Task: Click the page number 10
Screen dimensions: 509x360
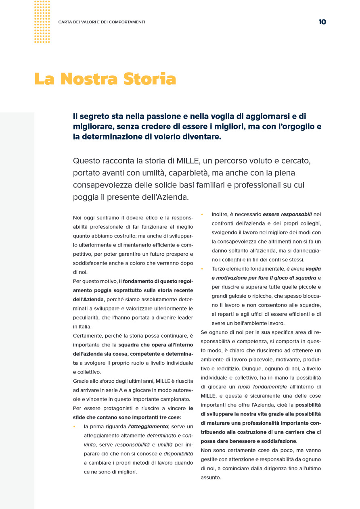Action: coord(322,22)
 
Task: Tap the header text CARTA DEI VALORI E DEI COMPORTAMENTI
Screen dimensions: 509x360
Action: coord(102,22)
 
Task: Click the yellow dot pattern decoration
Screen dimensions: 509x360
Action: coord(42,22)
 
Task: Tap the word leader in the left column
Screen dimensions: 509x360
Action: coord(185,318)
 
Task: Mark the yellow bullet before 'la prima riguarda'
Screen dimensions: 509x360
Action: coord(74,426)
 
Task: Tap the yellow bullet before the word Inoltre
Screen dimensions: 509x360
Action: coord(202,214)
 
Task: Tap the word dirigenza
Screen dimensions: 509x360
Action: coord(274,468)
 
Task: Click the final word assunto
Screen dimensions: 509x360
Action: coord(211,478)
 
